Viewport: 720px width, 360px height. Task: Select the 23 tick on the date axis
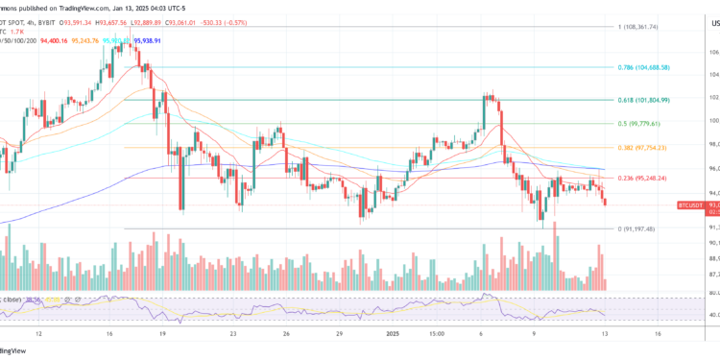[x=233, y=335]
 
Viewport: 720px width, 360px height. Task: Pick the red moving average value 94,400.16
[x=57, y=41]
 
